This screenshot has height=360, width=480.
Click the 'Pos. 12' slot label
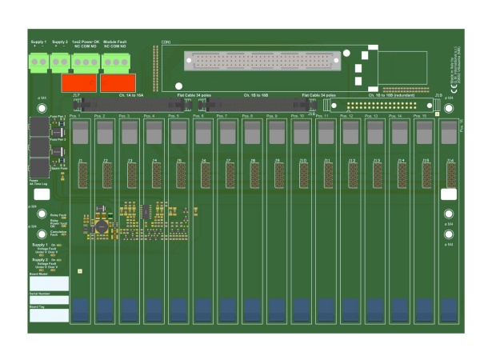(x=346, y=117)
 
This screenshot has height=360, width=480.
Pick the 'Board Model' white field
(x=49, y=284)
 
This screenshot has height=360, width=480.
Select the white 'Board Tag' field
(x=49, y=315)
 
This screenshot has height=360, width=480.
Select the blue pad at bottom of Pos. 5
(x=178, y=310)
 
